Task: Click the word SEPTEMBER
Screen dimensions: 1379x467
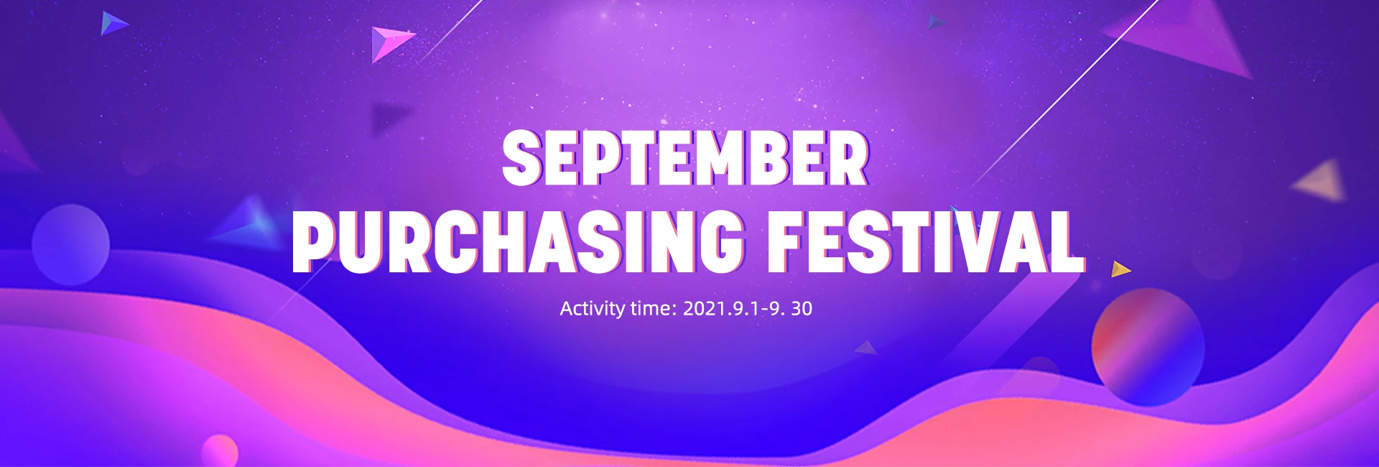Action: [x=686, y=158]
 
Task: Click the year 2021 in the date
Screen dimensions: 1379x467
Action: [x=704, y=309]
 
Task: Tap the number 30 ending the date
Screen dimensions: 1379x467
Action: [x=802, y=309]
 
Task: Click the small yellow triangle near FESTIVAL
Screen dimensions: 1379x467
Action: [x=1120, y=269]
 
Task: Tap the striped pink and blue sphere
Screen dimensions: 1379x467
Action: [x=1148, y=346]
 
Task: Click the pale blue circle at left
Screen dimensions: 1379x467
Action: [x=70, y=244]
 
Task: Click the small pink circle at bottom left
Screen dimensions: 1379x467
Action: [x=220, y=451]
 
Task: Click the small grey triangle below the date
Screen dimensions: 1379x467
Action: [x=868, y=348]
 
